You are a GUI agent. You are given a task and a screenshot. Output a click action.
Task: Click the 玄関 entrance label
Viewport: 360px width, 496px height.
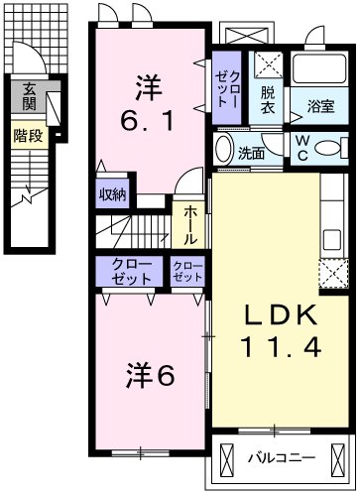[x=30, y=97]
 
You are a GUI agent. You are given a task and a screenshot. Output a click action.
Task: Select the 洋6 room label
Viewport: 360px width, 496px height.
[x=150, y=376]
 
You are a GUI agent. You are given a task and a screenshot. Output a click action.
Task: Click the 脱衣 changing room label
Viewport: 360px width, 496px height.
[x=268, y=101]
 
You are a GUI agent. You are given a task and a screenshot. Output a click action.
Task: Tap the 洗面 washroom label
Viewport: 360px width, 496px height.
[x=251, y=153]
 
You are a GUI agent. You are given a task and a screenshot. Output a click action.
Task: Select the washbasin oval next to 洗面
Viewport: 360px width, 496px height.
[x=224, y=153]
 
